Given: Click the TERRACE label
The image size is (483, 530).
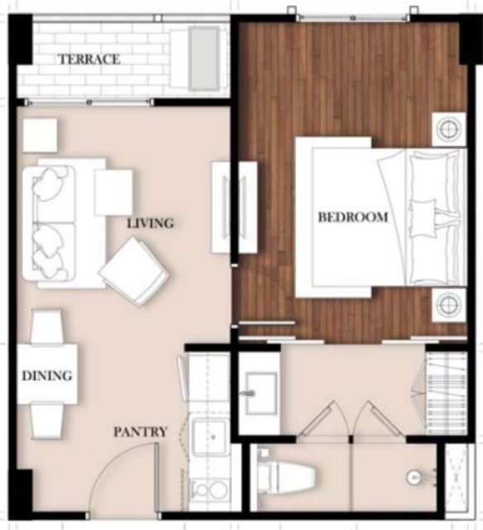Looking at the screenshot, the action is [89, 60].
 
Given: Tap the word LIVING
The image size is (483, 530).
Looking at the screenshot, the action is [151, 224].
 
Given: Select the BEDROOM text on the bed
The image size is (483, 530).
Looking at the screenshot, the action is [353, 217].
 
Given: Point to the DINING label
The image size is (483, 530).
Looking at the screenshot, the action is [47, 375].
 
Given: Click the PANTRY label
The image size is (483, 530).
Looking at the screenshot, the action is [141, 431].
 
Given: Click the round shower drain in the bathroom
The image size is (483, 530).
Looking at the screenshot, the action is [414, 478].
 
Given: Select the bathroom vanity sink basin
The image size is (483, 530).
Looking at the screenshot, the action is [261, 393].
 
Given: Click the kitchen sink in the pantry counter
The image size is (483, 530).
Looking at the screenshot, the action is [209, 436].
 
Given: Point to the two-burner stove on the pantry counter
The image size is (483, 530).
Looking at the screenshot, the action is [209, 491].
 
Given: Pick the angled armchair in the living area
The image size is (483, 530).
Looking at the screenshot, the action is [134, 271].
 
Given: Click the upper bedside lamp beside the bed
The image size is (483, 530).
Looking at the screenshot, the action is [449, 129].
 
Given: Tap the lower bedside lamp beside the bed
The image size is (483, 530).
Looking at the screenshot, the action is [449, 306].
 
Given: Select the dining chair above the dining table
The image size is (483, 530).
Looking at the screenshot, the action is [46, 326].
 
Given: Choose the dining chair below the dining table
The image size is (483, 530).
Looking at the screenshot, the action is [46, 422].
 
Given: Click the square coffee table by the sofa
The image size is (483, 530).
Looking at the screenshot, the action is [113, 192].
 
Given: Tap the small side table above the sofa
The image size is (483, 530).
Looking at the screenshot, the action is [40, 135].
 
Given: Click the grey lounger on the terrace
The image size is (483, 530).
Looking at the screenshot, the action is [203, 59].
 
